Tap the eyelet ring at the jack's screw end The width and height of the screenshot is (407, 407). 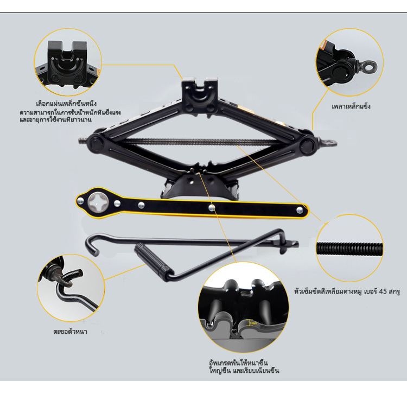(330, 143)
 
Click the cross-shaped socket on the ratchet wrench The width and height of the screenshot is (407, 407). (98, 202)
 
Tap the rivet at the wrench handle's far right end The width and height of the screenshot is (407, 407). (300, 209)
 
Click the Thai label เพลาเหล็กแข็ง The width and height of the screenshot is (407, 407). (351, 106)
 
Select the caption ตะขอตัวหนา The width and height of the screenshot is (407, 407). (70, 332)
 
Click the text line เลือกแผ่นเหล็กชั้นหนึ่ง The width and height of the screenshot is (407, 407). (66, 104)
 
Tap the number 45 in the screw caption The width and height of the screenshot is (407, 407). (383, 291)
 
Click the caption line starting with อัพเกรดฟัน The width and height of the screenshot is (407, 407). (238, 363)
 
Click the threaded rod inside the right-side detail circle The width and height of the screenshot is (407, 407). (349, 249)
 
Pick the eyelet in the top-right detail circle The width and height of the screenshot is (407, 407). (368, 67)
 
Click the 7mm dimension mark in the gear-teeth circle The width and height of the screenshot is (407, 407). (253, 323)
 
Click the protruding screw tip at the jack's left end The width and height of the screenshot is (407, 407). (82, 141)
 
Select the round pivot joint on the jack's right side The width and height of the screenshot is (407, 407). (307, 145)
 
